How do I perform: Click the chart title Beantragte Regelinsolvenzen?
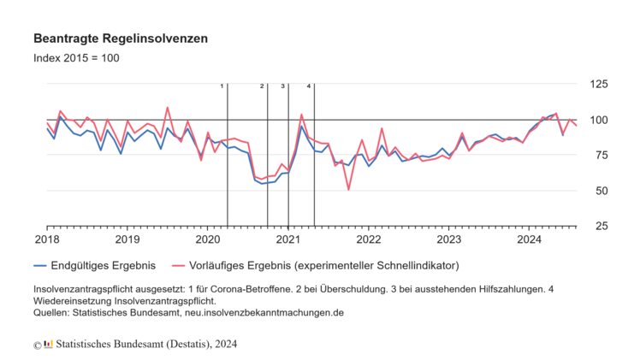[x=120, y=39]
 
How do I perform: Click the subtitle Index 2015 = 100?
[x=76, y=58]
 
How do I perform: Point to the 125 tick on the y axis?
[x=596, y=84]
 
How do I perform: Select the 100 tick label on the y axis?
[x=596, y=120]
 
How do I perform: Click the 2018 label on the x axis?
[x=46, y=239]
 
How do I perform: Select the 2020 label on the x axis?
[x=207, y=239]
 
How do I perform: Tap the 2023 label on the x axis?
[x=449, y=239]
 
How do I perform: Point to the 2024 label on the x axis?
[x=530, y=239]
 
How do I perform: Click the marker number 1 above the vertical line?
[x=222, y=86]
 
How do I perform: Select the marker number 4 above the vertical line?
[x=309, y=86]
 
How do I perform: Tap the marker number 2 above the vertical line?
[x=262, y=86]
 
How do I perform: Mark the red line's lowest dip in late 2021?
[x=348, y=189]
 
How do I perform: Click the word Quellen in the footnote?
[x=55, y=312]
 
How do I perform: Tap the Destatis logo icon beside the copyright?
[x=48, y=344]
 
